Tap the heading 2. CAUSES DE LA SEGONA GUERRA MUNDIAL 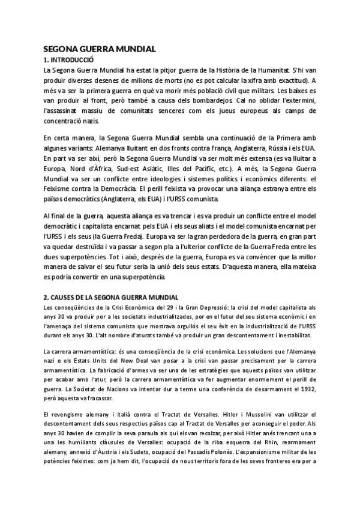(x=112, y=297)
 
